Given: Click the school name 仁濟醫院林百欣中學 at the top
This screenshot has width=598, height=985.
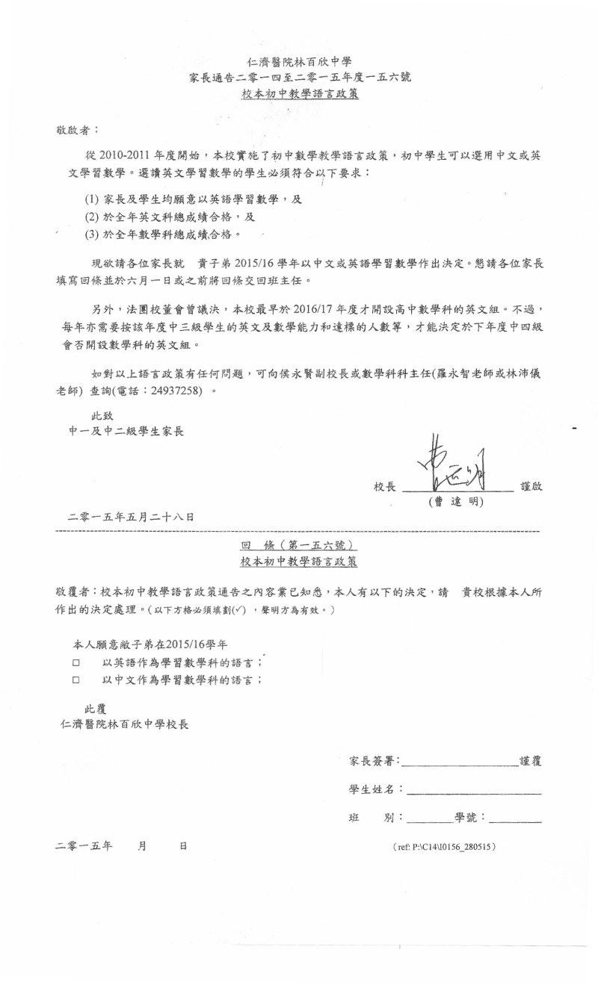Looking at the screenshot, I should (299, 62).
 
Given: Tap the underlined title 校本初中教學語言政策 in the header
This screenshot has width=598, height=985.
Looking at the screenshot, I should (299, 94).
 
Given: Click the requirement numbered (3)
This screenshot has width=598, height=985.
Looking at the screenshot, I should (164, 235).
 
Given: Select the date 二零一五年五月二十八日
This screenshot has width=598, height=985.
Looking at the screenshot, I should (131, 517).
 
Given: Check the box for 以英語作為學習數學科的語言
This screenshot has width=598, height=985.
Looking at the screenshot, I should (76, 662).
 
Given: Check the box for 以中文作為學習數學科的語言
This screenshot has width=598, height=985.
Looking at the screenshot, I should (76, 680).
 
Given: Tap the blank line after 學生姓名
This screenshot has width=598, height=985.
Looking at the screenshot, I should (473, 792).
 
